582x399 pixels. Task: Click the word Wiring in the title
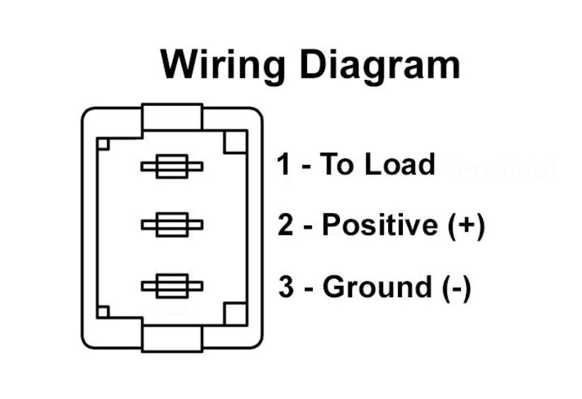coord(223,64)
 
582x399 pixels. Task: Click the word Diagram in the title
coord(380,64)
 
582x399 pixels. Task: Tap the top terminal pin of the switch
coord(172,166)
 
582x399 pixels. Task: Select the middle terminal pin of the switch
coord(172,225)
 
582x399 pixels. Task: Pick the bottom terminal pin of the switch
coord(172,286)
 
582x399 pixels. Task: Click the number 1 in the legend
coord(284,164)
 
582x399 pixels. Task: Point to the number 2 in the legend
coord(285,224)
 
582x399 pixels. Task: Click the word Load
coord(400,164)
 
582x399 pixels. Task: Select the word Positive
coord(380,224)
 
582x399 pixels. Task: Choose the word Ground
coord(377,287)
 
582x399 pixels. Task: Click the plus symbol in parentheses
coord(467,225)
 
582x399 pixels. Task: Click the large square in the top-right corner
coord(235,142)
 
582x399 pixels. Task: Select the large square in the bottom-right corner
coord(235,314)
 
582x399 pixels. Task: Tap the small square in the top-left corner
coord(103,144)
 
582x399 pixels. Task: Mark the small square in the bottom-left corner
coord(103,312)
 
